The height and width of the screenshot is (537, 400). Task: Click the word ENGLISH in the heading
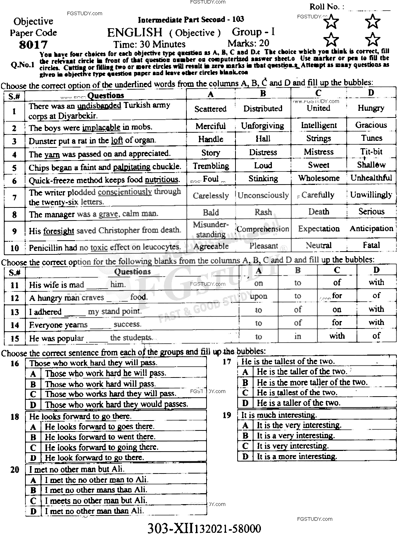135,32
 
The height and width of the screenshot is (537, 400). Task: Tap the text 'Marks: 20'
248,43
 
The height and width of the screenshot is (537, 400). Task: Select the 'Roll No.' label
324,6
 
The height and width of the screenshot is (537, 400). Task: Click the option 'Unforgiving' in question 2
262,126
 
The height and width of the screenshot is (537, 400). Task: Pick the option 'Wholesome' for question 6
318,178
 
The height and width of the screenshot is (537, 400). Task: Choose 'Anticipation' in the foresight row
371,229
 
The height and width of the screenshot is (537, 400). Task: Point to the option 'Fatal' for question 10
371,245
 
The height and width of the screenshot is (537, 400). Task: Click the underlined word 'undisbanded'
99,105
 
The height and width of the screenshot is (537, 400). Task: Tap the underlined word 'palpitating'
132,167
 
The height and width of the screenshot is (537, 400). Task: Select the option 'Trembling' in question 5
211,165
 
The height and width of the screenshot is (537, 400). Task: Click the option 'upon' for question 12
258,296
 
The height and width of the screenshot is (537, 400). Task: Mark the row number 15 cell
15,338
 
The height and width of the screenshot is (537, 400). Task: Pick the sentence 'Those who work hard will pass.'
100,384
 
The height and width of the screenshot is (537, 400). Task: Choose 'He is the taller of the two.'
302,372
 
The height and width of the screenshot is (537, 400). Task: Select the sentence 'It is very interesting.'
293,446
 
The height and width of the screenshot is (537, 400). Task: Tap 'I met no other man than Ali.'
94,511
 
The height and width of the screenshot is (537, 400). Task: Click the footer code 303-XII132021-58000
204,529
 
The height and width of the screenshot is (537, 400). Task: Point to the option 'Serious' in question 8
371,211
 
